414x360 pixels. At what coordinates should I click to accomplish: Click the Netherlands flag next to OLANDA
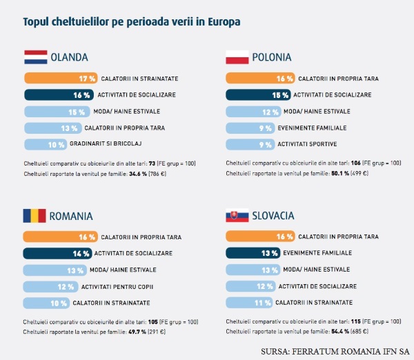point(35,57)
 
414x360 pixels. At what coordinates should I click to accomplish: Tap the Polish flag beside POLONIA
point(237,57)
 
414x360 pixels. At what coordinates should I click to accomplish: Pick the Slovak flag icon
point(237,216)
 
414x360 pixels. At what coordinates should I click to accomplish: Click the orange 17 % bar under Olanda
point(61,78)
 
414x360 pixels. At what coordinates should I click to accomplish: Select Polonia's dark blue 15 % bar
point(258,94)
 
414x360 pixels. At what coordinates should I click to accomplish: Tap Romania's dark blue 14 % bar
point(59,253)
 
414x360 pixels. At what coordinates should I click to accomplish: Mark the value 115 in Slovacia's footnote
point(355,322)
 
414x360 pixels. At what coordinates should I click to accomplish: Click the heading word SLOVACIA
point(273,216)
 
